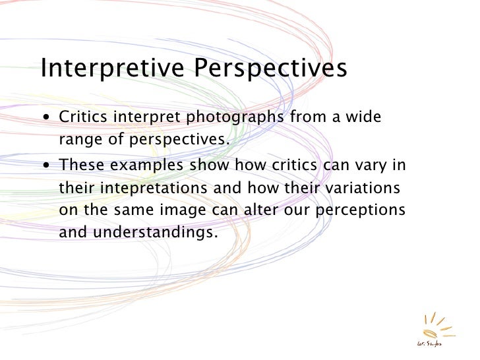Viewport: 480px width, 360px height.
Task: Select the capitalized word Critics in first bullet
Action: pos(84,118)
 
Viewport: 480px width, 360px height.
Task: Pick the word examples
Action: pos(148,166)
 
